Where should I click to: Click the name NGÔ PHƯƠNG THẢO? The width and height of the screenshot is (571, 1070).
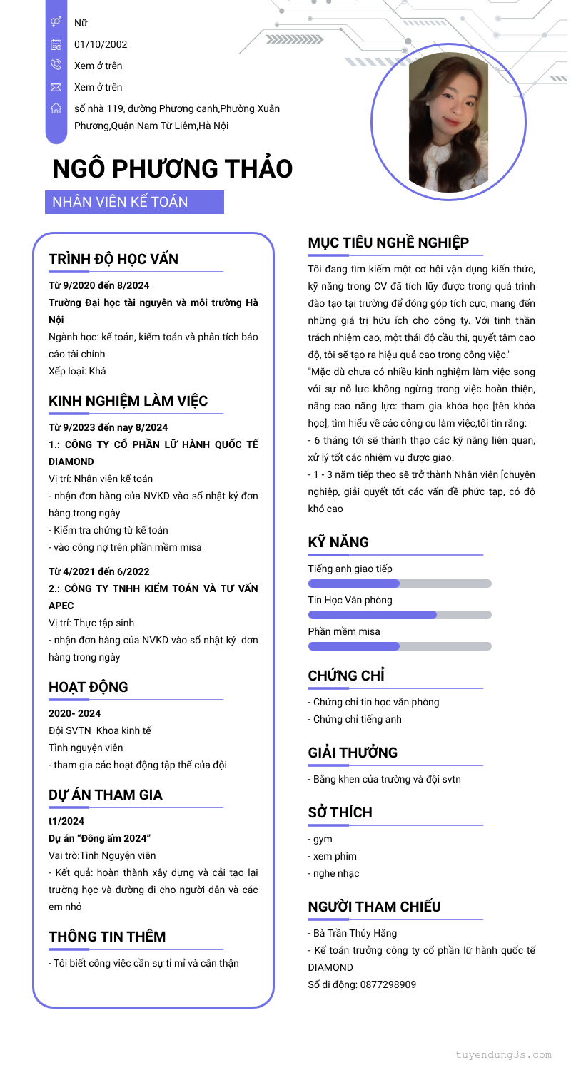point(172,169)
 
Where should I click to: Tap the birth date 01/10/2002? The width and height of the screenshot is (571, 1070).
point(101,44)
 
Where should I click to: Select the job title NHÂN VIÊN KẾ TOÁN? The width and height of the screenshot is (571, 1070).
point(121,202)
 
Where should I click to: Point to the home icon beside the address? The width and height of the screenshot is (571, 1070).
point(56,108)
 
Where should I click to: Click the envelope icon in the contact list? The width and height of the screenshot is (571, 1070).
point(56,87)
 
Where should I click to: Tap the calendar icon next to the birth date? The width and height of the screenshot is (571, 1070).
point(56,44)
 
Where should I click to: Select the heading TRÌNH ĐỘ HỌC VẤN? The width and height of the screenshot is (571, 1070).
point(113,259)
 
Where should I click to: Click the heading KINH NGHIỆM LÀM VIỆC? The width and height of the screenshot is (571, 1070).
point(128,401)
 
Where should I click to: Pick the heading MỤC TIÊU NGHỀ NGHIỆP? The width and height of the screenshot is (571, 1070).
point(388,243)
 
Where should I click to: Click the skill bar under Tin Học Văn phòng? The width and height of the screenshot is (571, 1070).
point(400,615)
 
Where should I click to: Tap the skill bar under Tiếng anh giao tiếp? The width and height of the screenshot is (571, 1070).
point(400,584)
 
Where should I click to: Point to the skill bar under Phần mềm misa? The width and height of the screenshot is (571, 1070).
point(400,646)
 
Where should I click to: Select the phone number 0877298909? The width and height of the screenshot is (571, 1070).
point(387,984)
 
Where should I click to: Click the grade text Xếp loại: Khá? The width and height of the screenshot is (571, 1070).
point(77,370)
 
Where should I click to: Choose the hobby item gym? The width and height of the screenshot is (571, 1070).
point(323,839)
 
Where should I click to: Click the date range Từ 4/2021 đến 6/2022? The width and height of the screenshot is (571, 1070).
point(98,571)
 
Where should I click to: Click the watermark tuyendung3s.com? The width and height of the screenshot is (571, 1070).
point(503,1054)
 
